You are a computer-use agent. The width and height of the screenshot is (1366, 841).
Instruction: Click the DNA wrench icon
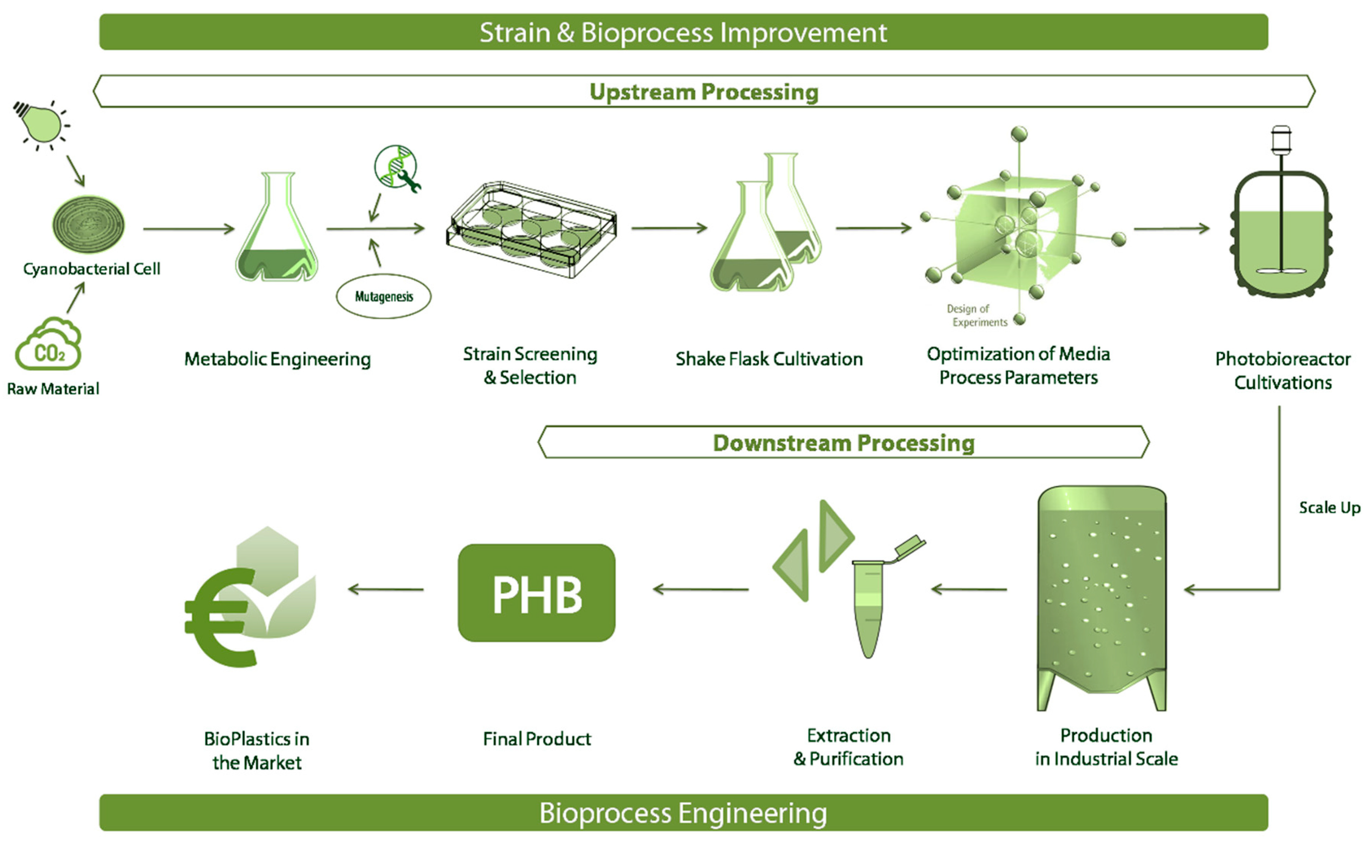[x=397, y=168]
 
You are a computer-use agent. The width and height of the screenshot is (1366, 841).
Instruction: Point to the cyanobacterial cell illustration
[x=88, y=224]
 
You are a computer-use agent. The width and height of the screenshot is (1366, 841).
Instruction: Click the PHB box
[x=537, y=593]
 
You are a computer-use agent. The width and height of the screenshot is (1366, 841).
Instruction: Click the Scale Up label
[x=1329, y=507]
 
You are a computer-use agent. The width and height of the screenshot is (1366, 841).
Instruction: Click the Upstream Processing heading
[x=704, y=92]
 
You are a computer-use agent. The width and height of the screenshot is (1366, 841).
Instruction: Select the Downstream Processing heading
[x=844, y=443]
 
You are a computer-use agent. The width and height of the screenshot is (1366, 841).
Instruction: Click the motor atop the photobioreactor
[x=1281, y=139]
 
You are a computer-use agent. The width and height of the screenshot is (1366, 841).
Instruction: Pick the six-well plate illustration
[x=531, y=229]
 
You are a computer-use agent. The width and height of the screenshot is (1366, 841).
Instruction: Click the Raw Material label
[x=53, y=389]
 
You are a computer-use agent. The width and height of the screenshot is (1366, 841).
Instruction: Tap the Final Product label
[x=537, y=739]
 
